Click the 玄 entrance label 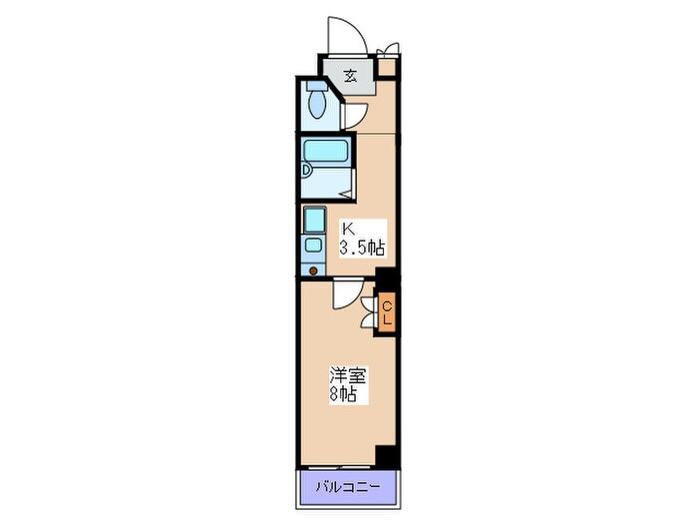pyautogui.click(x=351, y=75)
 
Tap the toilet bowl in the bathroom pyautogui.click(x=318, y=103)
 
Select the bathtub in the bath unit pyautogui.click(x=326, y=153)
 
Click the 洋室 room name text pyautogui.click(x=349, y=376)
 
